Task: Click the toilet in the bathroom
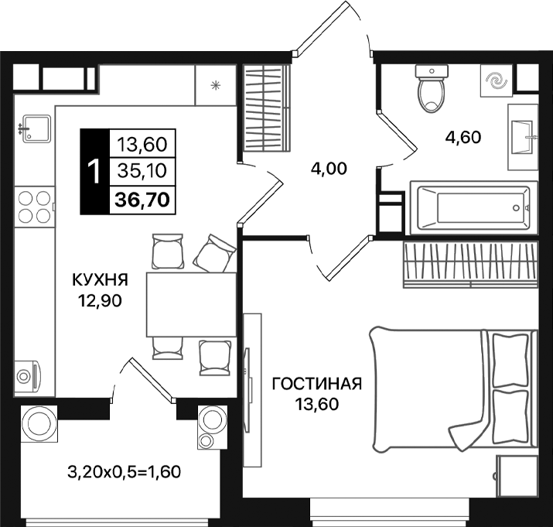tap(431, 89)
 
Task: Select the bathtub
tap(473, 207)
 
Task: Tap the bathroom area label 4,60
tap(463, 138)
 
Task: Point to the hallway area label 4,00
tap(328, 168)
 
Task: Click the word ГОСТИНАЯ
tap(318, 384)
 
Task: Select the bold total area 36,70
tap(144, 199)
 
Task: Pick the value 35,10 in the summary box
tap(144, 171)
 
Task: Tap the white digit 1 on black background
tap(94, 171)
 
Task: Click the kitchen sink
tap(34, 128)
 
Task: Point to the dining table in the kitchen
tap(190, 304)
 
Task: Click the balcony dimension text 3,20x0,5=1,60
tap(125, 470)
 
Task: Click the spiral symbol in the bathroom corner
tap(493, 80)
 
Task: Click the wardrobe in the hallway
tap(265, 108)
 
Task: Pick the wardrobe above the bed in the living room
tap(469, 263)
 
